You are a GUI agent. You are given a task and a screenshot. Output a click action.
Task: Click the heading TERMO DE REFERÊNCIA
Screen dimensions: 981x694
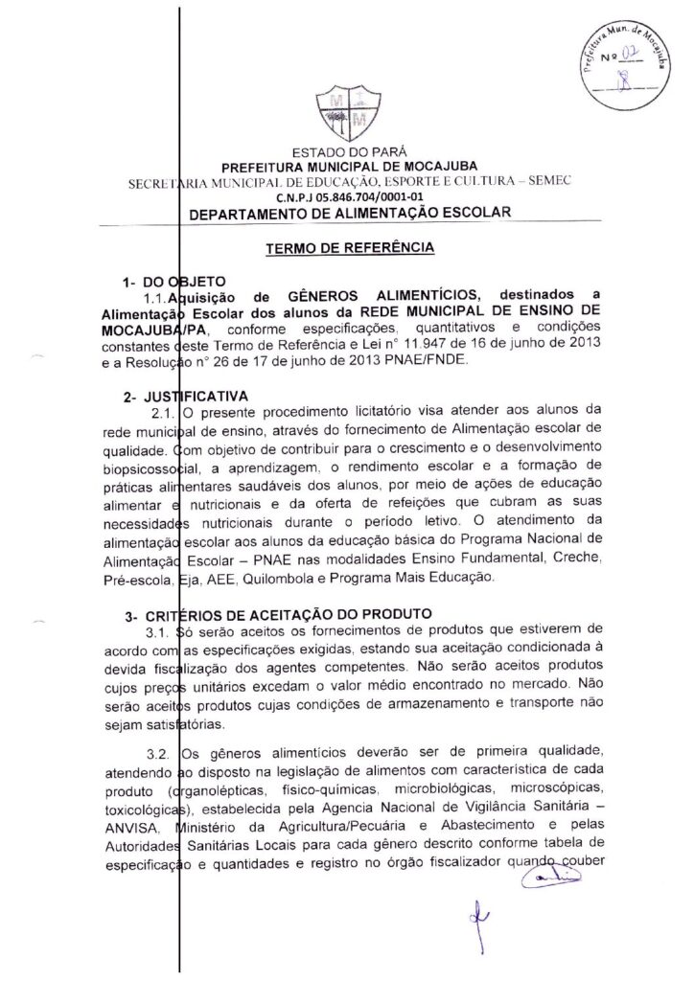(x=350, y=247)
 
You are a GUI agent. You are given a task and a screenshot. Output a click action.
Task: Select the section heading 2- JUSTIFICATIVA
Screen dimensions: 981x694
(x=178, y=396)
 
